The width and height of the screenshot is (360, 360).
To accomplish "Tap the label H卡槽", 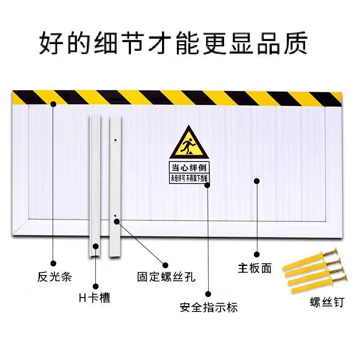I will tap(94, 297).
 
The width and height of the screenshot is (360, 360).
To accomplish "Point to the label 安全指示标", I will tap(208, 307).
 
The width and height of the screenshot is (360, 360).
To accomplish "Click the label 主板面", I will tap(255, 268).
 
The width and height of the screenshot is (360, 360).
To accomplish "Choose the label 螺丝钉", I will tap(327, 302).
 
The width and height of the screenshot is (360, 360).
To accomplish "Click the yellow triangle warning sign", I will tap(189, 143).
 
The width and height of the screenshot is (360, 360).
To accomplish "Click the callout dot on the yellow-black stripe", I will tap(54, 104).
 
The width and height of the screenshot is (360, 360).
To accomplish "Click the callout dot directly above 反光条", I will tap(54, 263).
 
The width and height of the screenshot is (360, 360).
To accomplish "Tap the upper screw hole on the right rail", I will tap(116, 139).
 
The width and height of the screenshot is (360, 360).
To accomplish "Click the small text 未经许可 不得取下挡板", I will tap(189, 178).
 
